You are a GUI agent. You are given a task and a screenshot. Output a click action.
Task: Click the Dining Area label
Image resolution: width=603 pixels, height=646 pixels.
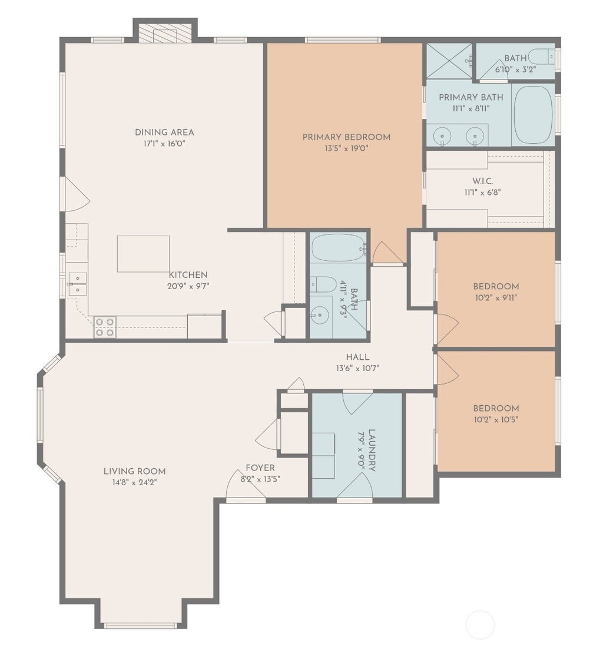[164, 132]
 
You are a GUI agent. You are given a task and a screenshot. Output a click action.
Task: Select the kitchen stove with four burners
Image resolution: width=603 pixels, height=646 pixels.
[105, 327]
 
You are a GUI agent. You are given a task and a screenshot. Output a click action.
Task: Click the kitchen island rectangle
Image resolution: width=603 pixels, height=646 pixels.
[143, 254]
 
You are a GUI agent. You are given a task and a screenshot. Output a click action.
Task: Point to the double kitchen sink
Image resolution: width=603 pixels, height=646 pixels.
[77, 284]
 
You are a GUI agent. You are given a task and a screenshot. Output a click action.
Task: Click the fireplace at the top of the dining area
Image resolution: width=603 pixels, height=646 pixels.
[165, 35]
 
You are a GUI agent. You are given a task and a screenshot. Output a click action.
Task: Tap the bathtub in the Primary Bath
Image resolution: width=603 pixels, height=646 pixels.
[534, 114]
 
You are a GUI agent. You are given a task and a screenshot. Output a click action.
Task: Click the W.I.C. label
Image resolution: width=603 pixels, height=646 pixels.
[483, 181]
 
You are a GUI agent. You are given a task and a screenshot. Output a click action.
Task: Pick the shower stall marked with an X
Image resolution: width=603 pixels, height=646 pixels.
[449, 60]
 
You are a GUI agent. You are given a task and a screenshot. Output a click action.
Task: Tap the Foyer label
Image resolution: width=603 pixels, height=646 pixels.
[260, 468]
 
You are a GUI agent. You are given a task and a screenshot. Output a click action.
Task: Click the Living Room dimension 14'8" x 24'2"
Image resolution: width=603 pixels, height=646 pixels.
[135, 482]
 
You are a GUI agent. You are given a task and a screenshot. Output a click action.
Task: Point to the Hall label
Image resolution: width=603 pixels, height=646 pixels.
[357, 357]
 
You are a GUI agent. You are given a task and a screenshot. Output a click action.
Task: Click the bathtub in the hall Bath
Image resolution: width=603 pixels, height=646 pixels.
[338, 248]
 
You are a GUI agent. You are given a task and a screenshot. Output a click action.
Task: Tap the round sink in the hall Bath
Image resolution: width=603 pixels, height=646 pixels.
[319, 315]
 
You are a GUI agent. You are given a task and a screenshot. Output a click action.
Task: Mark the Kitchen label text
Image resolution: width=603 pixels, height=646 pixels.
[188, 275]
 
